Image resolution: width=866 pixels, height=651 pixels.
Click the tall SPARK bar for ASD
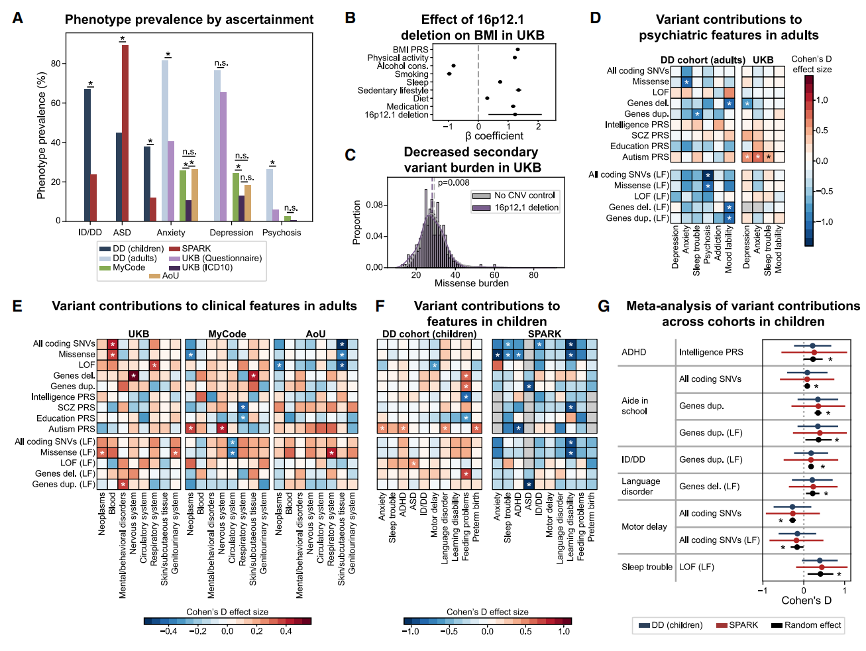pyautogui.click(x=125, y=133)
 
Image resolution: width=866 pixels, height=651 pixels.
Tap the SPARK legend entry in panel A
pyautogui.click(x=196, y=249)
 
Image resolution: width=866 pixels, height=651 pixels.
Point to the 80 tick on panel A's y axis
pyautogui.click(x=56, y=64)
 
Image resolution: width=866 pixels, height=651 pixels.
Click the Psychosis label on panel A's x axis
pyautogui.click(x=282, y=233)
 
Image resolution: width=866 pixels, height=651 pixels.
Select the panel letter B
pyautogui.click(x=351, y=18)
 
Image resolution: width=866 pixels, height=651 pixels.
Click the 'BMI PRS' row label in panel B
pyautogui.click(x=411, y=50)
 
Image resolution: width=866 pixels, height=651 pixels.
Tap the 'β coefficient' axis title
pyautogui.click(x=494, y=136)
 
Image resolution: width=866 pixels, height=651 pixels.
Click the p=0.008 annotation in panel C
pyautogui.click(x=454, y=183)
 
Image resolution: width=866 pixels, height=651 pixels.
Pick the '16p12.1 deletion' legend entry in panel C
pyautogui.click(x=526, y=207)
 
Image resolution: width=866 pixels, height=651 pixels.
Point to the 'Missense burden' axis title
pyautogui.click(x=472, y=283)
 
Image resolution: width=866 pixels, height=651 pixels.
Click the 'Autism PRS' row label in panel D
pyautogui.click(x=645, y=157)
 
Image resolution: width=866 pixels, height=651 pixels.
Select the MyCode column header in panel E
pyautogui.click(x=227, y=333)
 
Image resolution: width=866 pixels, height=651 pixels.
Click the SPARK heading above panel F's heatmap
pyautogui.click(x=545, y=333)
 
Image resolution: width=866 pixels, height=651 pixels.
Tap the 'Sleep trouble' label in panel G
pyautogui.click(x=647, y=567)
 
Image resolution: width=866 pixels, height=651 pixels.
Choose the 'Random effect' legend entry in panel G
pyautogui.click(x=812, y=625)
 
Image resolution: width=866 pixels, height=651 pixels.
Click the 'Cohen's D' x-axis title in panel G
pyautogui.click(x=806, y=601)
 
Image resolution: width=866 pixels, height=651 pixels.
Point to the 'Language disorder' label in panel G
pyautogui.click(x=641, y=486)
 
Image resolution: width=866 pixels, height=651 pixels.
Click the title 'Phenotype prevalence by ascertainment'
pyautogui.click(x=189, y=20)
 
